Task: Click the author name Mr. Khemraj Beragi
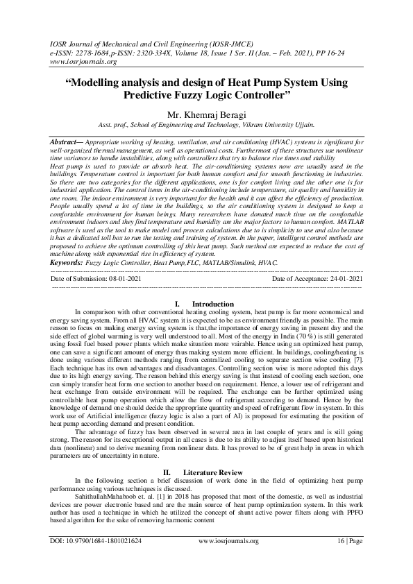tap(206, 114)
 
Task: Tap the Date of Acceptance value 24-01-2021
tap(341, 259)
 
